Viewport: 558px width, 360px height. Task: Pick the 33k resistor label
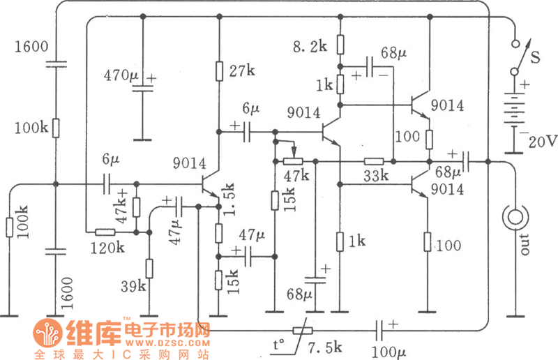click(376, 177)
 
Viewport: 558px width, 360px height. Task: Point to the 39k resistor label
click(133, 285)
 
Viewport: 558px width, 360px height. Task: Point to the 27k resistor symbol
click(219, 71)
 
